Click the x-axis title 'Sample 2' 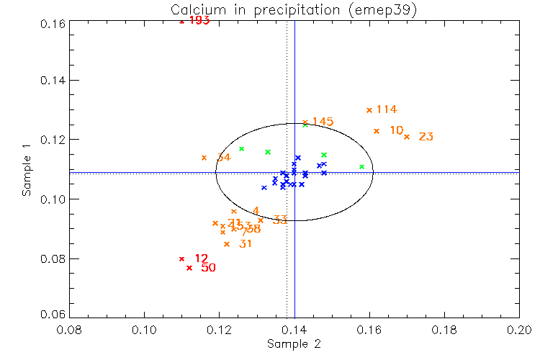(x=294, y=344)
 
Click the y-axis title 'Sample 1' (x=27, y=171)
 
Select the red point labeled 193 (x=181, y=22)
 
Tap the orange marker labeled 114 (x=369, y=110)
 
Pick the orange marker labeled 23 (x=407, y=137)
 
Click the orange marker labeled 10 (x=377, y=131)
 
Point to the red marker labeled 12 (x=181, y=258)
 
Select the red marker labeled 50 (x=189, y=268)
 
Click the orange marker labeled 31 (x=227, y=244)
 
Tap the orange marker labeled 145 (x=305, y=122)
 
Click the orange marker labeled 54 (x=204, y=158)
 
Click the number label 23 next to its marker (x=426, y=137)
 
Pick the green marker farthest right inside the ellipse (x=362, y=167)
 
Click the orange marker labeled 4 (x=234, y=212)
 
